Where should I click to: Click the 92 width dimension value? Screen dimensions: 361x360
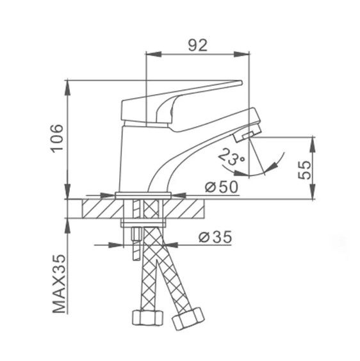tap(197, 45)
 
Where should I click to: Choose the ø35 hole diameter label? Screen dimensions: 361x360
tap(214, 237)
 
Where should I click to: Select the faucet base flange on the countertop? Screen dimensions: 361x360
tap(145, 194)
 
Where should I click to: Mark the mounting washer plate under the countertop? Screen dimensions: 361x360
tap(145, 223)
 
